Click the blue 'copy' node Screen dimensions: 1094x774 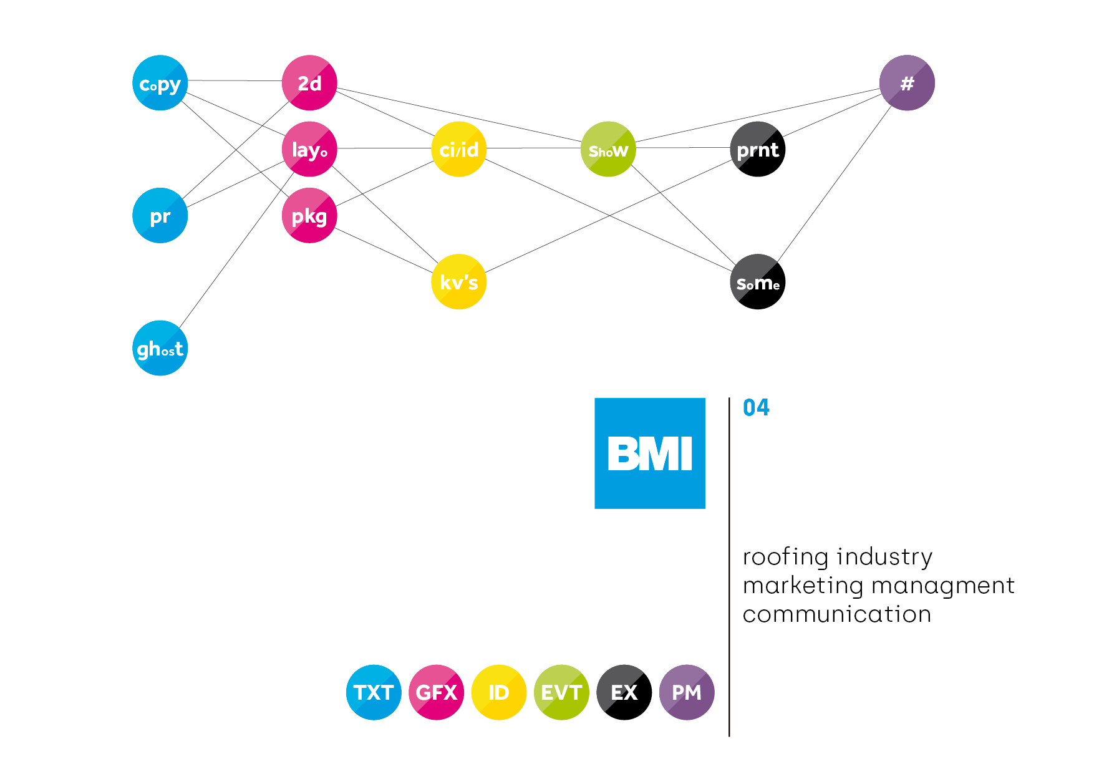(x=160, y=83)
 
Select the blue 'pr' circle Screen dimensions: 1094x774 (x=160, y=216)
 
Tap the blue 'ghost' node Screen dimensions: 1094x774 (x=160, y=348)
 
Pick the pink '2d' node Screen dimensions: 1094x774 (x=309, y=83)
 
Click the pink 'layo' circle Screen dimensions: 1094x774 (x=309, y=149)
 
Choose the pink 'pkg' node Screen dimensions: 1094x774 (x=309, y=216)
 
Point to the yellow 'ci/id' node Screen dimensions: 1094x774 (x=459, y=149)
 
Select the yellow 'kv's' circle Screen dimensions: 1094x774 (x=459, y=282)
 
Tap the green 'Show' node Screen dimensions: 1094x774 (x=608, y=149)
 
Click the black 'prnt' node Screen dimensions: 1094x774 (x=758, y=149)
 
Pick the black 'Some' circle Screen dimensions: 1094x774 (x=758, y=282)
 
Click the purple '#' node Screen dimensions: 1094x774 (x=907, y=83)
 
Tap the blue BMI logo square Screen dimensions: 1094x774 (x=650, y=453)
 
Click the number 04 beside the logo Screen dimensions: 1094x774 (x=756, y=408)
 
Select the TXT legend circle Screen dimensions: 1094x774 (x=374, y=692)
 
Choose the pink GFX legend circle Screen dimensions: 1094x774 (x=437, y=692)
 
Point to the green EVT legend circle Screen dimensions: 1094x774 (x=561, y=692)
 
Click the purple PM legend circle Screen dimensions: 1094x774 (x=687, y=692)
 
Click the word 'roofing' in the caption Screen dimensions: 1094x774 (x=785, y=557)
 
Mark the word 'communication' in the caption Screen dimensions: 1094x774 (x=837, y=614)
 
